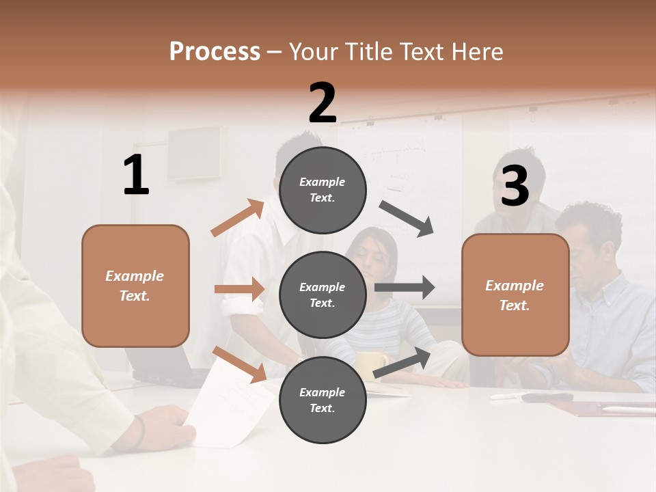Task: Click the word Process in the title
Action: (x=215, y=51)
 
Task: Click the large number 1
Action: (x=136, y=176)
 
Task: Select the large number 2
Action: (x=323, y=103)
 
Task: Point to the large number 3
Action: (x=515, y=186)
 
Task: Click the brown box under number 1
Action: (x=135, y=286)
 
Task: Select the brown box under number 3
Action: (x=515, y=295)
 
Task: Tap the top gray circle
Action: (x=323, y=190)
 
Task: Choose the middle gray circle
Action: (x=323, y=295)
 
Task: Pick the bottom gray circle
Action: (x=323, y=400)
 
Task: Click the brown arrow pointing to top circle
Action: (x=237, y=218)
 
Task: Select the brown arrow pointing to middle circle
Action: (x=239, y=289)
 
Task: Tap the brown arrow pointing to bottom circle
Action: (x=239, y=364)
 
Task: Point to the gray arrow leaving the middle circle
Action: (x=405, y=288)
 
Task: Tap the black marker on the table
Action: (x=547, y=397)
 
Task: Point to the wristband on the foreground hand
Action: (x=139, y=432)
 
